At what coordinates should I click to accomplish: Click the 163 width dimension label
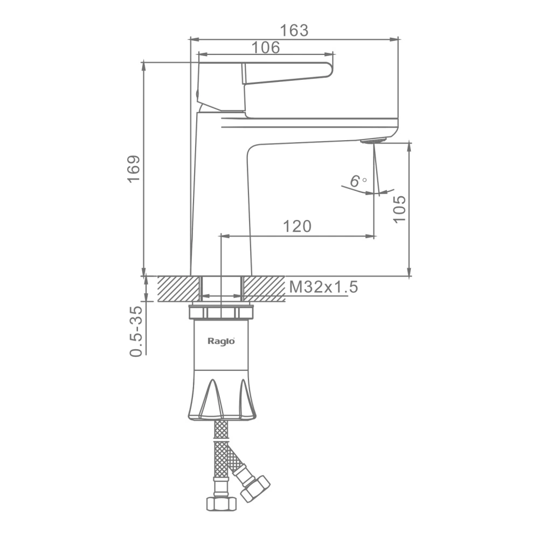point(294,30)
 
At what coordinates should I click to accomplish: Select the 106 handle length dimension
point(266,47)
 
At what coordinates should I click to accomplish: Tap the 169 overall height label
point(134,169)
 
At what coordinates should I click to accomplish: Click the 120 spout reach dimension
point(297,226)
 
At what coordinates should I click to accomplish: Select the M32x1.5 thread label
point(323,287)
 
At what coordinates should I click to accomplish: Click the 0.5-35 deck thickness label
point(136,331)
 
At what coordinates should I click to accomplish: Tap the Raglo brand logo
point(222,341)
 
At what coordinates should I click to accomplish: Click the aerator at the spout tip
point(374,141)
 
